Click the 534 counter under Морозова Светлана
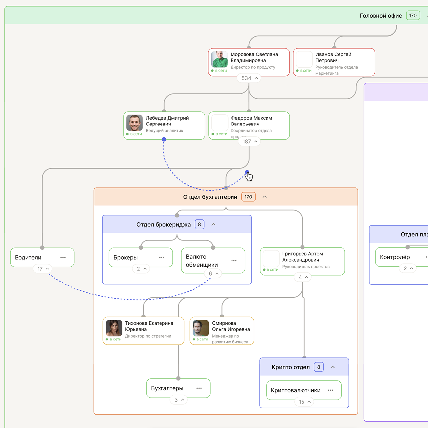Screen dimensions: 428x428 [x=249, y=78]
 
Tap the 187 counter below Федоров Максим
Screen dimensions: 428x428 [x=249, y=142]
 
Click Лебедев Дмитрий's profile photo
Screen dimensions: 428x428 [x=134, y=123]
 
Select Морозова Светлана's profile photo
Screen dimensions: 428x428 [x=219, y=59]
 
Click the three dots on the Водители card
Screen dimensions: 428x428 [x=63, y=257]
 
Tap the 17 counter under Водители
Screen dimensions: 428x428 [x=43, y=269]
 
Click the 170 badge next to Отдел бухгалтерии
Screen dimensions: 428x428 [x=248, y=197]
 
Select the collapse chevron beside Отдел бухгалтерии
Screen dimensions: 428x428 [x=265, y=197]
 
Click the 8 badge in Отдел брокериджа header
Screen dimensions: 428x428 [x=199, y=224]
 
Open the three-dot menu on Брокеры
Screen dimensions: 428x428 [x=161, y=257]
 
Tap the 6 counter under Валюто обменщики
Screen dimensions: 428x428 [x=213, y=274]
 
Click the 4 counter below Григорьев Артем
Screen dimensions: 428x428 [x=303, y=277]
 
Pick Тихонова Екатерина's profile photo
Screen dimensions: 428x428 [x=114, y=328]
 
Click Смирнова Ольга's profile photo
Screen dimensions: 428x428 [x=201, y=328]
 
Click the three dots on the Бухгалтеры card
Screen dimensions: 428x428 [x=199, y=388]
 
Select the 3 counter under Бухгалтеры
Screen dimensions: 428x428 [x=179, y=400]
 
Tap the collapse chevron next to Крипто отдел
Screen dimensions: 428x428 [x=333, y=367]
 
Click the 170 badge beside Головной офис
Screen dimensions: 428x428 [x=413, y=16]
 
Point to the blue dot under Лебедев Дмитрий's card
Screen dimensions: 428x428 [x=164, y=139]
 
